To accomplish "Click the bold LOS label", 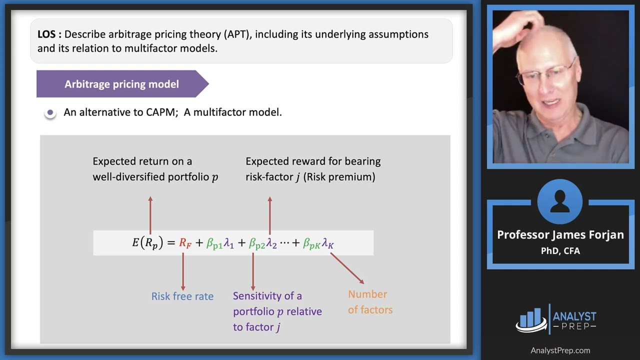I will coord(49,34).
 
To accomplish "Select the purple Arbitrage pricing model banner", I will coord(121,84).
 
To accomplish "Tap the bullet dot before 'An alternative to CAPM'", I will coord(50,112).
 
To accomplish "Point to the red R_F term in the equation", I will coord(185,243).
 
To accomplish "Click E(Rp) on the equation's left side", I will coord(147,243).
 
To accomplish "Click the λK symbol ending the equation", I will coord(327,243).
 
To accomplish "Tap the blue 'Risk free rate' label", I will coord(182,296).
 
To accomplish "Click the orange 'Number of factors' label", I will coord(370,302).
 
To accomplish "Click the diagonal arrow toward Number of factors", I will coord(347,268).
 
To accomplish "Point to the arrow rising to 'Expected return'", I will coord(150,215).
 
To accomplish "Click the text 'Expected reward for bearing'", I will coord(313,161).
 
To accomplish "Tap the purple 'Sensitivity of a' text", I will coord(267,296).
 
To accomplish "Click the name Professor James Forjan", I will coord(560,235).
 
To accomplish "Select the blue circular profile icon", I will coord(560,202).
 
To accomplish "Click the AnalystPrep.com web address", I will coord(560,350).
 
